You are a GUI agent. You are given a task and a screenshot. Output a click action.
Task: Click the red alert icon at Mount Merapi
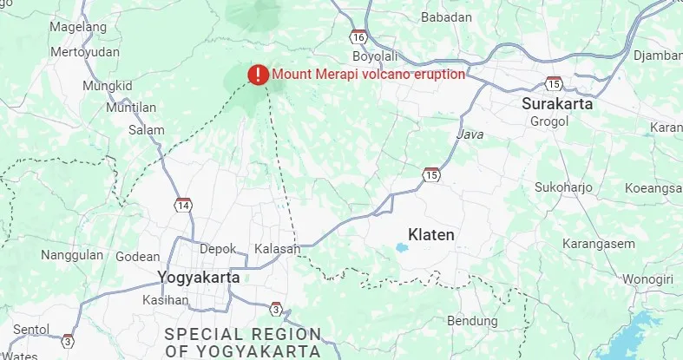(258, 75)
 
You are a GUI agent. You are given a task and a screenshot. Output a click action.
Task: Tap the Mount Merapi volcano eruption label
(368, 75)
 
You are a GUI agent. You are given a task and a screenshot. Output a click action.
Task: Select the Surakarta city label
(557, 104)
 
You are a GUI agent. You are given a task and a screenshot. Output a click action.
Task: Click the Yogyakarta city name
(199, 278)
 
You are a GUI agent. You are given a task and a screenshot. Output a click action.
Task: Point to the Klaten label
(431, 235)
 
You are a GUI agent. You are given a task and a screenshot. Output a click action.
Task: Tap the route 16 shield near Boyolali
(358, 37)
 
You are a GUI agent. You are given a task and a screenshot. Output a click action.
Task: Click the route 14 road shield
(182, 206)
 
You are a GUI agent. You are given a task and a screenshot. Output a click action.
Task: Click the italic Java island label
(470, 135)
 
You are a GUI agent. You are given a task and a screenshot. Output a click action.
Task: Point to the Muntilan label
(130, 108)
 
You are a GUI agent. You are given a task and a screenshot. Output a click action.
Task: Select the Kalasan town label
(277, 249)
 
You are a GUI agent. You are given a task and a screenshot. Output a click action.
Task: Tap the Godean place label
(137, 257)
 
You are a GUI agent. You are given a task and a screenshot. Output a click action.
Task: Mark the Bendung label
(472, 321)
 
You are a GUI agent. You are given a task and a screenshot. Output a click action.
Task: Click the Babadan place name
(446, 17)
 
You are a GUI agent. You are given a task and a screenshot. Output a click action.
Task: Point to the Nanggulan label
(72, 256)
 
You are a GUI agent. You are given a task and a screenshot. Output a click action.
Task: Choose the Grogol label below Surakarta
(548, 121)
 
